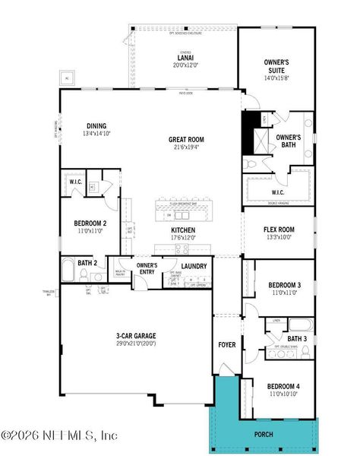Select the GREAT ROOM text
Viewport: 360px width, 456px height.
pos(188,139)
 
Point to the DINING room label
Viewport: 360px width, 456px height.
pos(96,126)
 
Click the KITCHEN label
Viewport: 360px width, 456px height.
pos(183,230)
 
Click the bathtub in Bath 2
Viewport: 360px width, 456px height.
pos(68,270)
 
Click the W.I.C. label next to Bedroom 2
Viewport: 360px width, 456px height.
pos(75,182)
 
